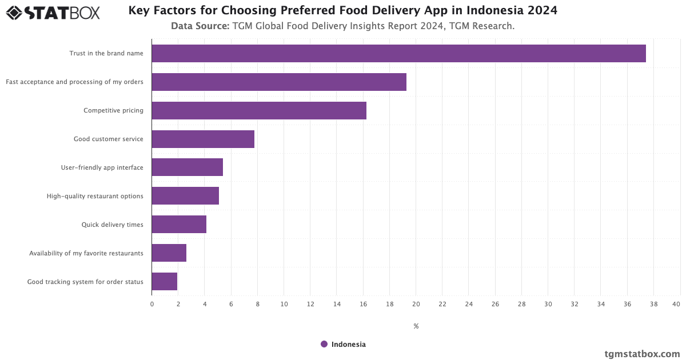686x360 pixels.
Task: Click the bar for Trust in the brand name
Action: (x=398, y=53)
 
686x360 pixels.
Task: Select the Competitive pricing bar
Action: (x=259, y=110)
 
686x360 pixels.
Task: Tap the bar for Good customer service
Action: (x=203, y=139)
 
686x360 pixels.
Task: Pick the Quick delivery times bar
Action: (x=179, y=225)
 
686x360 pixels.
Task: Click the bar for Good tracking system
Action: (x=165, y=282)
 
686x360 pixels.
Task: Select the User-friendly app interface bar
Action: (x=187, y=167)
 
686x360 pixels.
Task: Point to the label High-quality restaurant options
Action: (x=95, y=196)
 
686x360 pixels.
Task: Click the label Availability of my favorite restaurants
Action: (x=86, y=253)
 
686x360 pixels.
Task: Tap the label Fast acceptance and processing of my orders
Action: (x=74, y=82)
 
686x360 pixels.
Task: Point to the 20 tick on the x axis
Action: (x=416, y=304)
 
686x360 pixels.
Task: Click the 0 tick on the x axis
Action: (x=152, y=304)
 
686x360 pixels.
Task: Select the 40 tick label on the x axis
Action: (x=676, y=304)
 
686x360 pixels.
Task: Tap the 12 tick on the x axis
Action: (x=310, y=304)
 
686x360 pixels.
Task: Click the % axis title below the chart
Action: (x=416, y=326)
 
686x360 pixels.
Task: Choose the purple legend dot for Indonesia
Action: (x=324, y=344)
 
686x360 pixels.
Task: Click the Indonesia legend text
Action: (x=349, y=344)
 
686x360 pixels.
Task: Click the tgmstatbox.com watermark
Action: (x=643, y=354)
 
